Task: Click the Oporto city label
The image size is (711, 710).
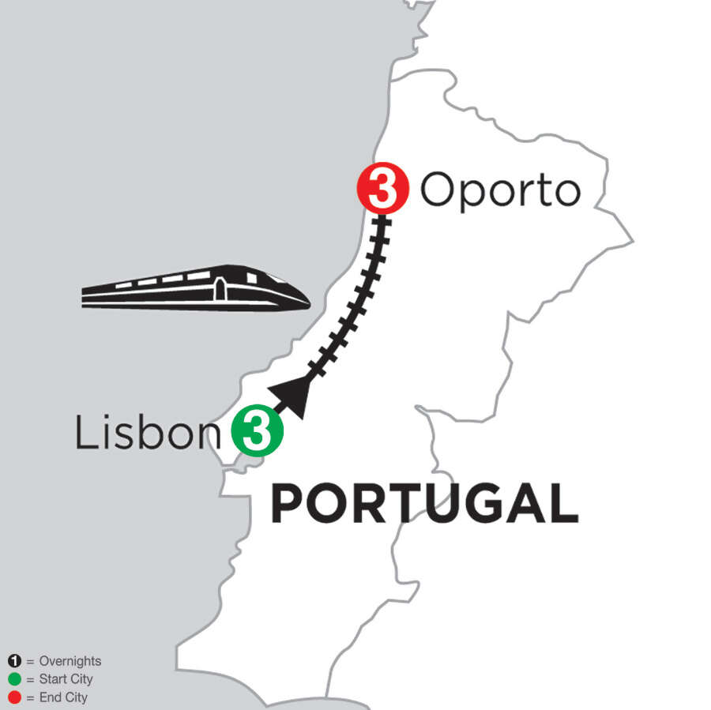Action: pos(500,191)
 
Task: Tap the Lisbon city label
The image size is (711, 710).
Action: pos(147,433)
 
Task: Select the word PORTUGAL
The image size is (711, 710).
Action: pos(425,505)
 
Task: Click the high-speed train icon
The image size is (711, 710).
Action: pos(195,287)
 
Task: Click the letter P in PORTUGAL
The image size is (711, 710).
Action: pos(287,505)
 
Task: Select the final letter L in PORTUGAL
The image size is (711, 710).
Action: pos(563,505)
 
